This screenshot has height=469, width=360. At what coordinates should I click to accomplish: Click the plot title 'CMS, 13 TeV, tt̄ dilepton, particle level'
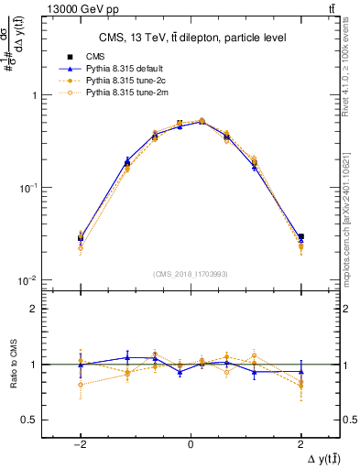pos(189,37)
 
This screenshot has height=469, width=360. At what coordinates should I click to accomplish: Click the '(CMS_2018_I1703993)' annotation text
pos(190,273)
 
